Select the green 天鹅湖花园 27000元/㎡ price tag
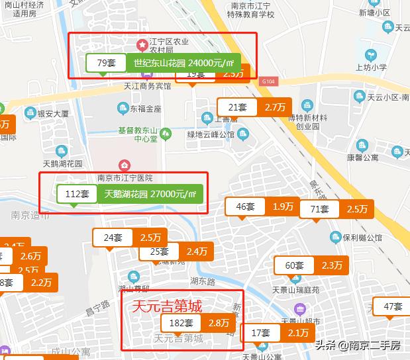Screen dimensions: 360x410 pyautogui.click(x=151, y=195)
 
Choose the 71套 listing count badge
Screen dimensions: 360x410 pyautogui.click(x=320, y=209)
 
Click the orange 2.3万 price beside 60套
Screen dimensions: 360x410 pyautogui.click(x=331, y=265)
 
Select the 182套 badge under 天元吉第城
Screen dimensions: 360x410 pyautogui.click(x=181, y=323)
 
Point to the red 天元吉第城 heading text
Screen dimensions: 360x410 pyautogui.click(x=167, y=306)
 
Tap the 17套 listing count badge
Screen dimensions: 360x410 pyautogui.click(x=261, y=333)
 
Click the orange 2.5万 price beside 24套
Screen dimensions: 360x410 pyautogui.click(x=151, y=237)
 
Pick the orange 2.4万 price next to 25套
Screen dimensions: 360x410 pyautogui.click(x=197, y=251)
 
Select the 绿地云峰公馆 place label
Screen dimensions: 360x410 pyautogui.click(x=211, y=134)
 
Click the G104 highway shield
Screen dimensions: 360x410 pyautogui.click(x=268, y=81)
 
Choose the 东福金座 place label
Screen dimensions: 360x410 pyautogui.click(x=145, y=108)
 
